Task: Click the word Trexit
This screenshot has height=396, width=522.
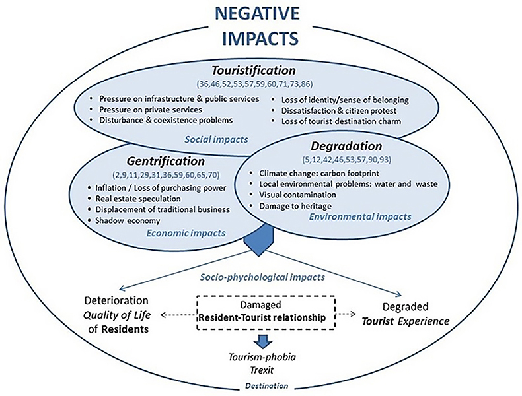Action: (x=260, y=370)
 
